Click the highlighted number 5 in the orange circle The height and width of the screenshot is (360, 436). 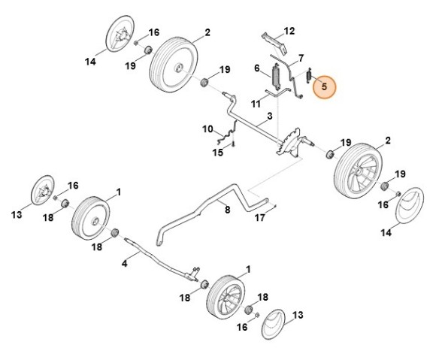[x=324, y=86]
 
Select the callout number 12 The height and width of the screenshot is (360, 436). [x=289, y=31]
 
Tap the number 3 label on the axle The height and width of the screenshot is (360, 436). [x=269, y=116]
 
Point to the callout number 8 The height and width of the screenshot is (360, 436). [x=228, y=210]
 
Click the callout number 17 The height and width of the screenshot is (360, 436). [x=260, y=218]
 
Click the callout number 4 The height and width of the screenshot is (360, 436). [x=124, y=263]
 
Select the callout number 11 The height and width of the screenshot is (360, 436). [x=256, y=104]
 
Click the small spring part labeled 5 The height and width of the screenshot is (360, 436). [x=309, y=75]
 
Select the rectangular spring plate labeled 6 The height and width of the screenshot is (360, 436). [x=276, y=77]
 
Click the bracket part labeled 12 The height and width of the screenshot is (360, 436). [x=274, y=43]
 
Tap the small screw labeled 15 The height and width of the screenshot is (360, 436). [x=234, y=144]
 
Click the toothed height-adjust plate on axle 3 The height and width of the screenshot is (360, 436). [x=289, y=142]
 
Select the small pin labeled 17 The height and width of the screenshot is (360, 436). [x=274, y=205]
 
